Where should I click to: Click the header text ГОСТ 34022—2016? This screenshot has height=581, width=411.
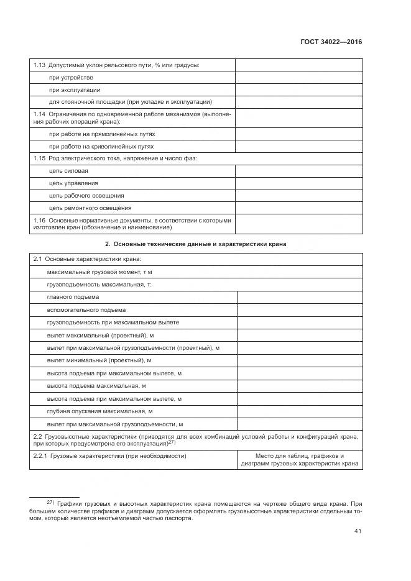pyautogui.click(x=331, y=42)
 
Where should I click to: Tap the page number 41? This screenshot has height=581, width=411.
pyautogui.click(x=358, y=531)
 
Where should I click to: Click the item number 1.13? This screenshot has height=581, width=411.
pyautogui.click(x=39, y=65)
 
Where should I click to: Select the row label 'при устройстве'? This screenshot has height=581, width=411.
pyautogui.click(x=71, y=78)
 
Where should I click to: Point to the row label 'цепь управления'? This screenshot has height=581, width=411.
pyautogui.click(x=73, y=183)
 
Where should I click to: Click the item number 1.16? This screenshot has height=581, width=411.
pyautogui.click(x=39, y=220)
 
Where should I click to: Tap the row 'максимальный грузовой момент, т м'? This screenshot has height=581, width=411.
pyautogui.click(x=99, y=272)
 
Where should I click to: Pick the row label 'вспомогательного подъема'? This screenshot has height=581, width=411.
pyautogui.click(x=86, y=309)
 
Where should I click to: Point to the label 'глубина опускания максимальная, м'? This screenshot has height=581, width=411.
pyautogui.click(x=99, y=411)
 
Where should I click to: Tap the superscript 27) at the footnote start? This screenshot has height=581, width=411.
pyautogui.click(x=51, y=501)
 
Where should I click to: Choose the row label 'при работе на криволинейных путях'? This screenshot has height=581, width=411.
pyautogui.click(x=101, y=146)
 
